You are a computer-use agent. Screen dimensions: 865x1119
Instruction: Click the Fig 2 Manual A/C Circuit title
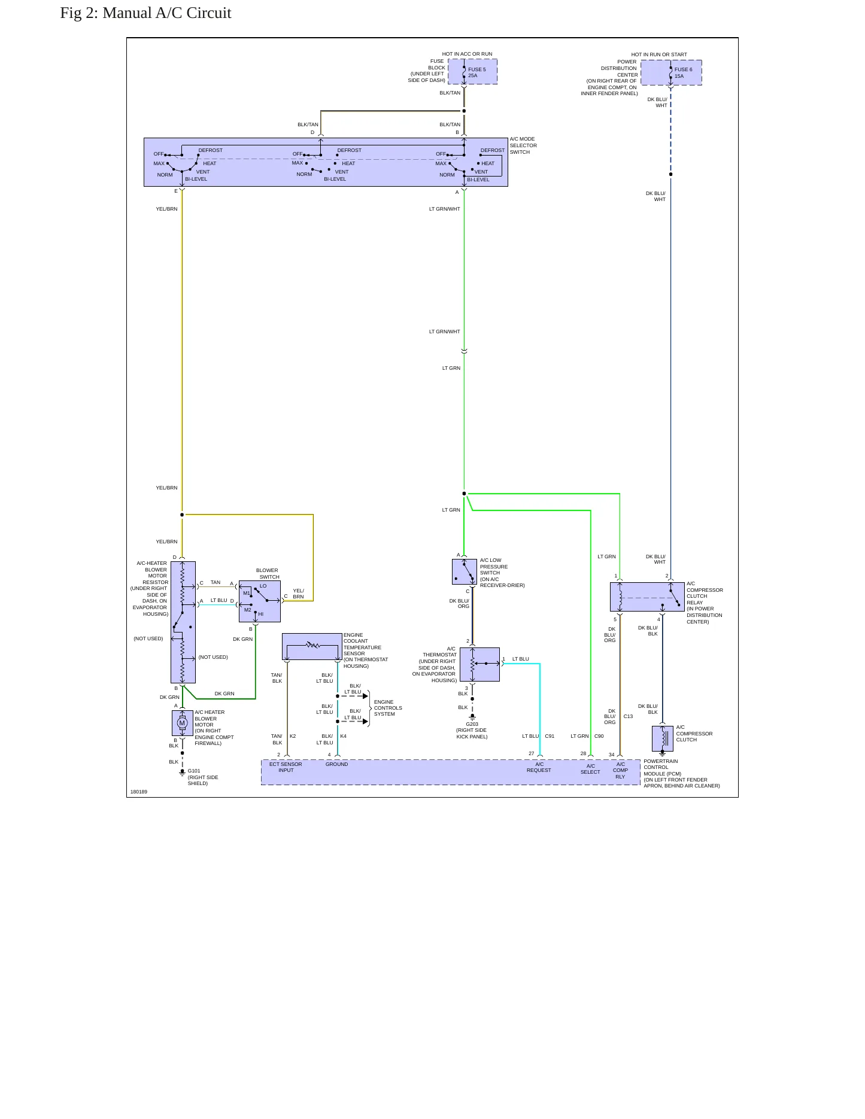[145, 13]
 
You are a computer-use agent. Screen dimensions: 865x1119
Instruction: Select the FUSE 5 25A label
[477, 72]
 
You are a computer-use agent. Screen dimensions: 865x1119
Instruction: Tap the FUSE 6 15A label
[683, 73]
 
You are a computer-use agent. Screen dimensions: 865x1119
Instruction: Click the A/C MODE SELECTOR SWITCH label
[523, 145]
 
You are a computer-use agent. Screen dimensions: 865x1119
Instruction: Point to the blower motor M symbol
[183, 723]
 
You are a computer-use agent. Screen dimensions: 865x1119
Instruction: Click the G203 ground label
[472, 724]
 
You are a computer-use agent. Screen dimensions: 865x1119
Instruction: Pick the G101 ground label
[194, 771]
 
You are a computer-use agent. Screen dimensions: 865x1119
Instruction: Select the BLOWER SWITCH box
[260, 601]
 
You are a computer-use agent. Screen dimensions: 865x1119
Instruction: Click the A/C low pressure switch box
[465, 571]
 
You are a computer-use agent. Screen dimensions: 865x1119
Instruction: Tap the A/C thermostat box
[479, 664]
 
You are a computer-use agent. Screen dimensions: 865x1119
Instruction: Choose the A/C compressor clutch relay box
[647, 597]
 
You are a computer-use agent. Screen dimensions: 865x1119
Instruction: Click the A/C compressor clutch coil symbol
[663, 738]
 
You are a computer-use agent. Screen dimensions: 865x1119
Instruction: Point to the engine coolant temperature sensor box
[312, 647]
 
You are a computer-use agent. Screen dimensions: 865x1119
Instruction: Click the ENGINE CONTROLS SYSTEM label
[388, 708]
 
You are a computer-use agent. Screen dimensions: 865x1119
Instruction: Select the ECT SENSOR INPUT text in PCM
[286, 767]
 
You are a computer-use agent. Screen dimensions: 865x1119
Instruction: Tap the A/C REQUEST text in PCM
[539, 767]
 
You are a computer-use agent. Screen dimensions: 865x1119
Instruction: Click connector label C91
[550, 736]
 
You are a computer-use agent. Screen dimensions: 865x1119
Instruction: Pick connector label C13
[628, 716]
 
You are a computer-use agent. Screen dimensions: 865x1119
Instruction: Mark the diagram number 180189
[139, 792]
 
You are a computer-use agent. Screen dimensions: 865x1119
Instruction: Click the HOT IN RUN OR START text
[659, 54]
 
